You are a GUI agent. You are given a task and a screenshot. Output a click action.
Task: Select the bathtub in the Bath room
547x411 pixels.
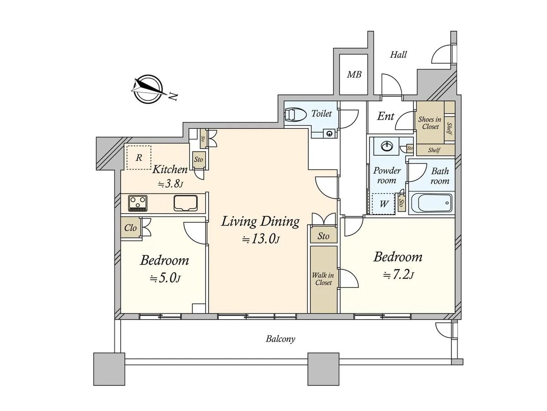tap(431, 203)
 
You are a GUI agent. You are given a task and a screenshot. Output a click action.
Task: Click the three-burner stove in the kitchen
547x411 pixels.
tap(138, 203)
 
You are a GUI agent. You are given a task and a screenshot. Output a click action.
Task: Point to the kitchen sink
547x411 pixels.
tap(186, 203)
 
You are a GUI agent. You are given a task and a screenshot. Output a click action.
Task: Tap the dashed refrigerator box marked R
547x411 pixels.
tap(139, 158)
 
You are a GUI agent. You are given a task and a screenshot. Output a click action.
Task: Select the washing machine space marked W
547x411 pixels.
tap(383, 204)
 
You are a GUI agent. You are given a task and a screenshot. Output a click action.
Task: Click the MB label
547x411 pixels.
tap(354, 74)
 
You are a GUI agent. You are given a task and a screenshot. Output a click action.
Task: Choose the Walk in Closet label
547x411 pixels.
tap(323, 279)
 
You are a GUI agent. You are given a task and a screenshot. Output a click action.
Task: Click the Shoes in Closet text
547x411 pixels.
tap(430, 123)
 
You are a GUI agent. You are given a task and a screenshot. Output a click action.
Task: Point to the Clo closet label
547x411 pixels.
tap(130, 228)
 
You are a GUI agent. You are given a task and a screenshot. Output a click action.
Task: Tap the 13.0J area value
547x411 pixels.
tap(261, 239)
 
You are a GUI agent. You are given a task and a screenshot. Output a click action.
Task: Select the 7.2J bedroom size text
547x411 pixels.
tap(398, 275)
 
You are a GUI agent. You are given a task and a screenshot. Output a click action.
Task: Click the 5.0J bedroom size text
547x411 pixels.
tap(165, 278)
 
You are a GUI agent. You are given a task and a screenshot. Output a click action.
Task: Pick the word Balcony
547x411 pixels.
tap(280, 339)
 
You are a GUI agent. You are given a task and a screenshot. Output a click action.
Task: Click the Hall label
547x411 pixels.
tap(398, 55)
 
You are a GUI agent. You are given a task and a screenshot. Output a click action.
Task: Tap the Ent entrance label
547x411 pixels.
tap(386, 116)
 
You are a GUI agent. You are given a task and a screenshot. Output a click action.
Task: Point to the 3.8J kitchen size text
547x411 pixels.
tap(170, 184)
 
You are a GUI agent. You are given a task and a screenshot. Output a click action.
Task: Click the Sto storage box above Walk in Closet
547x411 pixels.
tap(324, 236)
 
